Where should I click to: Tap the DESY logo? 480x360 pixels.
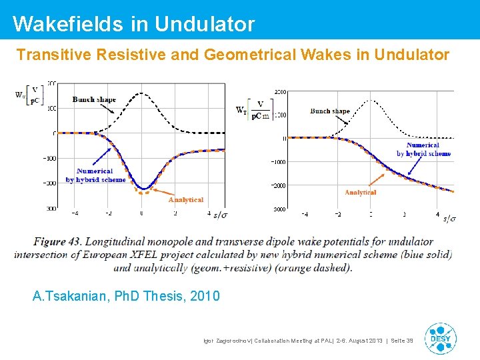(x=441, y=338)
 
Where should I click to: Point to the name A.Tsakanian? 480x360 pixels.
(x=70, y=296)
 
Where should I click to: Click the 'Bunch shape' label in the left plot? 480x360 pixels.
(x=94, y=99)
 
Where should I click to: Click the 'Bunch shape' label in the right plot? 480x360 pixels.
(x=330, y=111)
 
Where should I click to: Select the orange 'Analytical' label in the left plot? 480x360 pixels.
(x=186, y=200)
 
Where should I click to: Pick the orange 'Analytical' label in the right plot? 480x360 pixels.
(x=361, y=193)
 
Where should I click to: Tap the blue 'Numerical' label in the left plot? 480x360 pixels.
(x=95, y=171)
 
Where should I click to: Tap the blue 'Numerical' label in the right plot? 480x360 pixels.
(x=423, y=145)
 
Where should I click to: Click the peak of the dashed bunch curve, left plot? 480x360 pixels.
(x=142, y=93)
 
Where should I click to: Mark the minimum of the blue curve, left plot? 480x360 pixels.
(x=143, y=189)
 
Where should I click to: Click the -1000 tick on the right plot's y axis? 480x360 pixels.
(x=278, y=162)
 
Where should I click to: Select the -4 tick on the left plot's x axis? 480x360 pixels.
(x=75, y=214)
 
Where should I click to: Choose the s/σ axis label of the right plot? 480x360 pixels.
(x=450, y=219)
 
